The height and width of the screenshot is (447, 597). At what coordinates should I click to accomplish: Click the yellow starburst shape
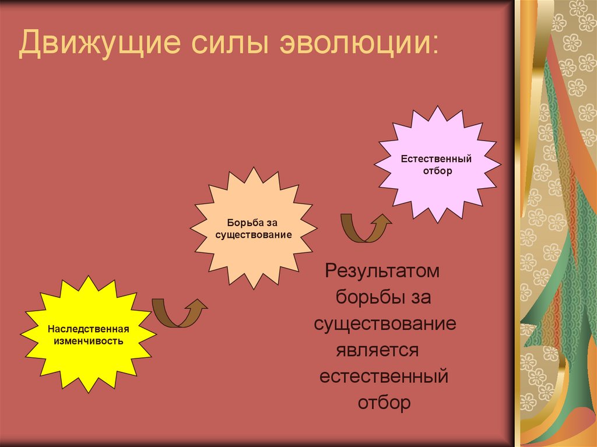click(x=88, y=333)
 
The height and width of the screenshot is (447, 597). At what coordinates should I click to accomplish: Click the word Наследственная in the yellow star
click(x=88, y=329)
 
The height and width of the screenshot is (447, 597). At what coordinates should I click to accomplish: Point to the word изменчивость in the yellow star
click(x=88, y=340)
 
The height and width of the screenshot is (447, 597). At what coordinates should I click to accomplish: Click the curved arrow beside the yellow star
click(x=178, y=313)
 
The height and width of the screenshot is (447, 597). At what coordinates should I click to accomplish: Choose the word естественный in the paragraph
click(x=384, y=376)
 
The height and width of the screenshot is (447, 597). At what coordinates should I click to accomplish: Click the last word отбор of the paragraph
click(x=384, y=403)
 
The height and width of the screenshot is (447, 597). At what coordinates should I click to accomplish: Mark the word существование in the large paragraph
click(x=385, y=324)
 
